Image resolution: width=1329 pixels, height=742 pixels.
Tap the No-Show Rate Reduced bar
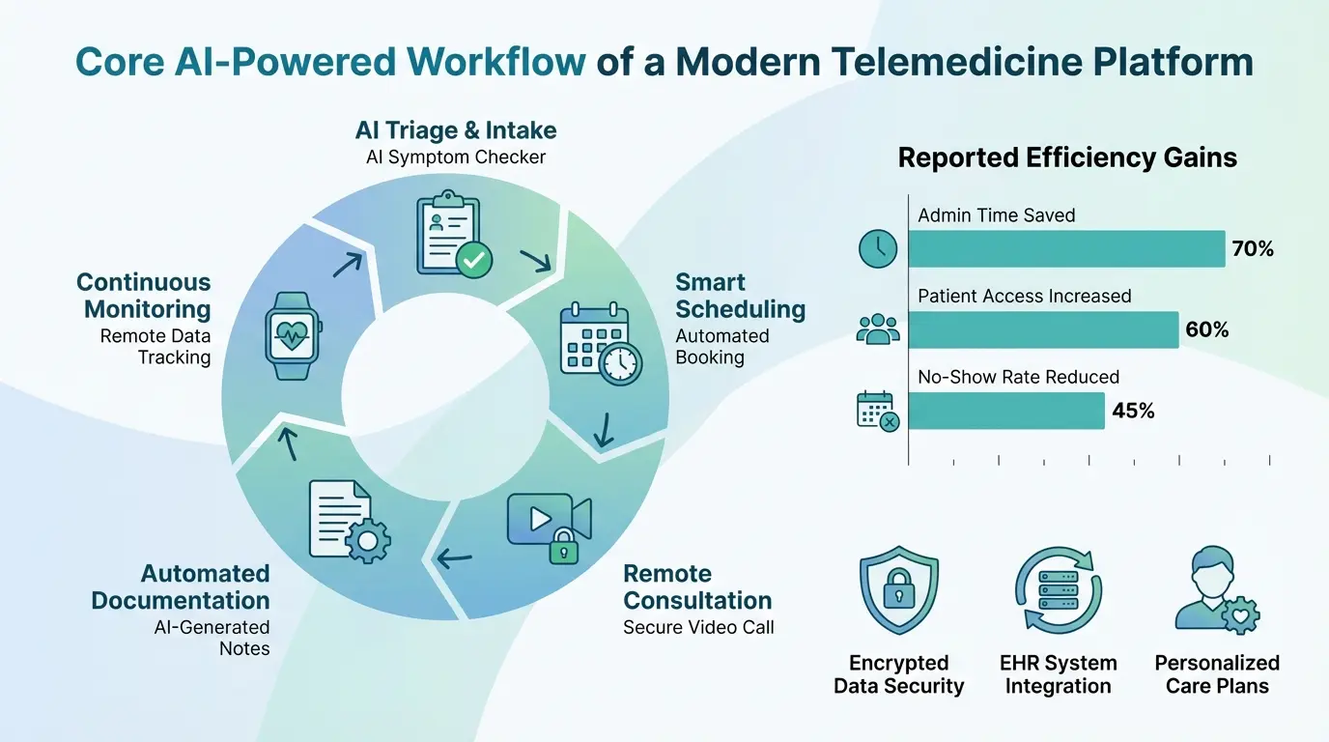pyautogui.click(x=1005, y=411)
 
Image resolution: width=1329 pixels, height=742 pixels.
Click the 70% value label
pyautogui.click(x=1253, y=249)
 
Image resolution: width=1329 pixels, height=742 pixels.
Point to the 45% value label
pyautogui.click(x=1133, y=411)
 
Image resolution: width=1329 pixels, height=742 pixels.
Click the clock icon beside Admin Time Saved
pyautogui.click(x=877, y=249)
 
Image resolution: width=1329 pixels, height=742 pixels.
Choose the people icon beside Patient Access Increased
pyautogui.click(x=877, y=329)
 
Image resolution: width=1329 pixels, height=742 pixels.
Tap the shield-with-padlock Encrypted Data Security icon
pyautogui.click(x=898, y=590)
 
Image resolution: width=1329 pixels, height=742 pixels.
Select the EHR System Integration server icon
pyautogui.click(x=1058, y=590)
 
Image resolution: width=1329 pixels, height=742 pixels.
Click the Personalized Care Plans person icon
pyautogui.click(x=1215, y=590)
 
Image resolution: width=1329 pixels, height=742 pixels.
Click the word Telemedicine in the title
pyautogui.click(x=979, y=62)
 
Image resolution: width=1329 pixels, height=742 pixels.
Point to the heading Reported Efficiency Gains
pyautogui.click(x=1067, y=158)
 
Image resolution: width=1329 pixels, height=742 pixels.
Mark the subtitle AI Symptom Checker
pyautogui.click(x=456, y=157)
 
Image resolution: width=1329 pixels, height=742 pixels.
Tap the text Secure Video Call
pyautogui.click(x=698, y=627)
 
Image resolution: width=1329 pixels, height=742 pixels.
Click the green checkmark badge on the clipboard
pyautogui.click(x=474, y=259)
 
